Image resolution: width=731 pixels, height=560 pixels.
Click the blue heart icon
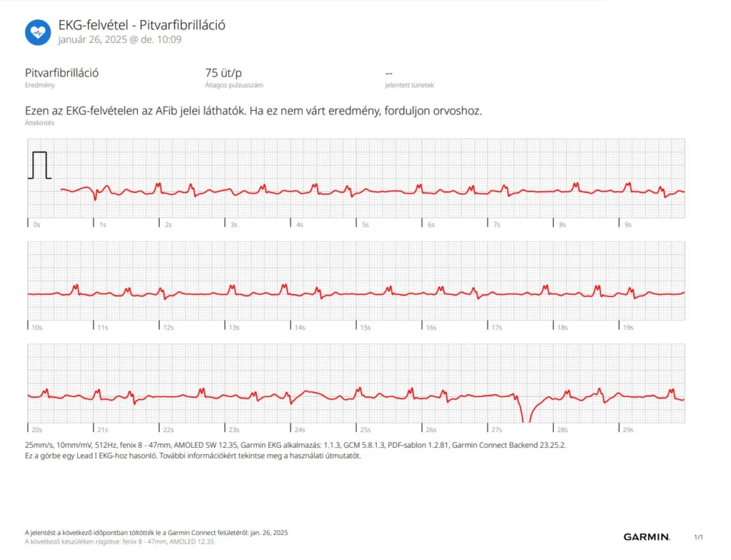[38, 32]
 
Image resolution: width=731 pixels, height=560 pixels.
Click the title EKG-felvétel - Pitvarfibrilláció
[142, 25]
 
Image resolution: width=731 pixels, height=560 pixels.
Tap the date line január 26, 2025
[120, 39]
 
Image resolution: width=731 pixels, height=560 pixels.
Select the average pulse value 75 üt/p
[223, 73]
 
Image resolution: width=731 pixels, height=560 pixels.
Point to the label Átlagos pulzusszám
[234, 85]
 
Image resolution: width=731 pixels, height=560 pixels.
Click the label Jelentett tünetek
[409, 85]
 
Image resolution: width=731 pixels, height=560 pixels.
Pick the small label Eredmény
[39, 85]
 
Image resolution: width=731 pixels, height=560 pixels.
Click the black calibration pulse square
[39, 165]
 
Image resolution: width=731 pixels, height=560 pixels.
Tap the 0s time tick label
[36, 224]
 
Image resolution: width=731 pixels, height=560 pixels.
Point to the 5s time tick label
[365, 224]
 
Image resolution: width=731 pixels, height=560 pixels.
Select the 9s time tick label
[628, 224]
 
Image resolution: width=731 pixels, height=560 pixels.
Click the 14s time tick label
[300, 327]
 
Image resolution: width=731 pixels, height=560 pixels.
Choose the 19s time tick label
[628, 327]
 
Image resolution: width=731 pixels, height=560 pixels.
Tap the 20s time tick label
[37, 430]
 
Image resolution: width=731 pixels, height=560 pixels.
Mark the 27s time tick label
[497, 430]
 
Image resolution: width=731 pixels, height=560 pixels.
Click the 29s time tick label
[628, 430]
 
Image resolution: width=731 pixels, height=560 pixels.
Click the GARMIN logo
[647, 537]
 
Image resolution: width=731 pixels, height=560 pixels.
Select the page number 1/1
[698, 537]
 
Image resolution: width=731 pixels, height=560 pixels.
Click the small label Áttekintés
[39, 123]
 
